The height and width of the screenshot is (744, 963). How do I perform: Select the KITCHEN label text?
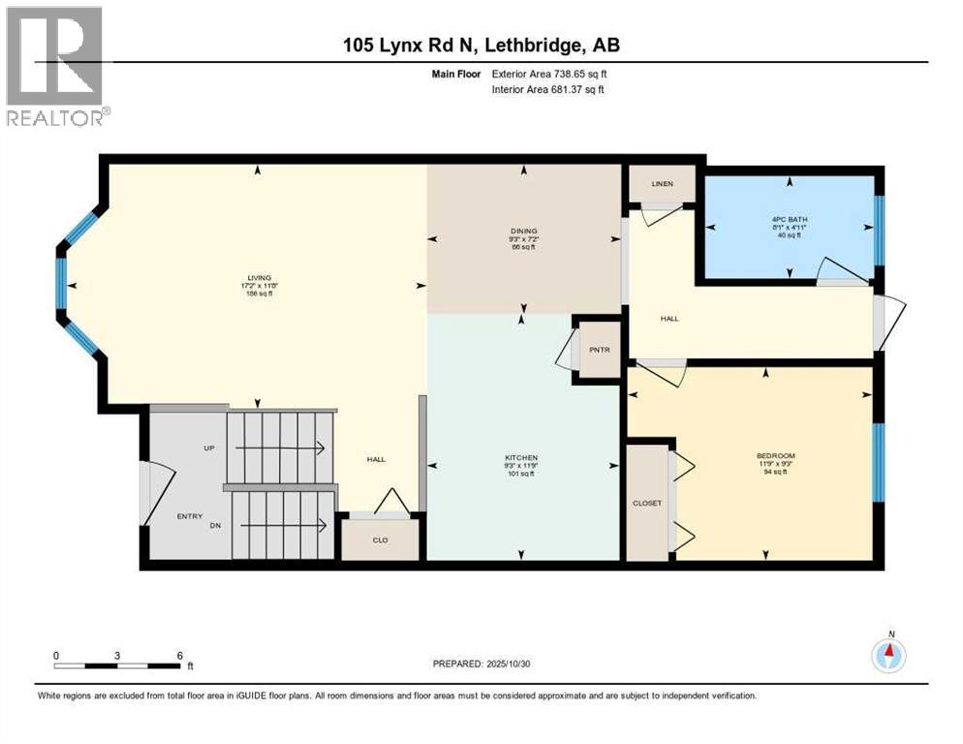pos(521,457)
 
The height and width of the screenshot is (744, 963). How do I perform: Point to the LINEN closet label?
pos(662,184)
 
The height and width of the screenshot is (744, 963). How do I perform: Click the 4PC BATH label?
pos(790,220)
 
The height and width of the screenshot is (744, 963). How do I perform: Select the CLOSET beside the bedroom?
pos(647,503)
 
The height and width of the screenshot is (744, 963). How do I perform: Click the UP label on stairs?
pos(208,449)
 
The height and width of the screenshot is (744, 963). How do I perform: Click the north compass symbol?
pos(888,655)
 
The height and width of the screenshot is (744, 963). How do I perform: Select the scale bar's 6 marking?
pos(179,655)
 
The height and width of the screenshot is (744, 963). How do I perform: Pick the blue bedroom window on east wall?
pos(878,462)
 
